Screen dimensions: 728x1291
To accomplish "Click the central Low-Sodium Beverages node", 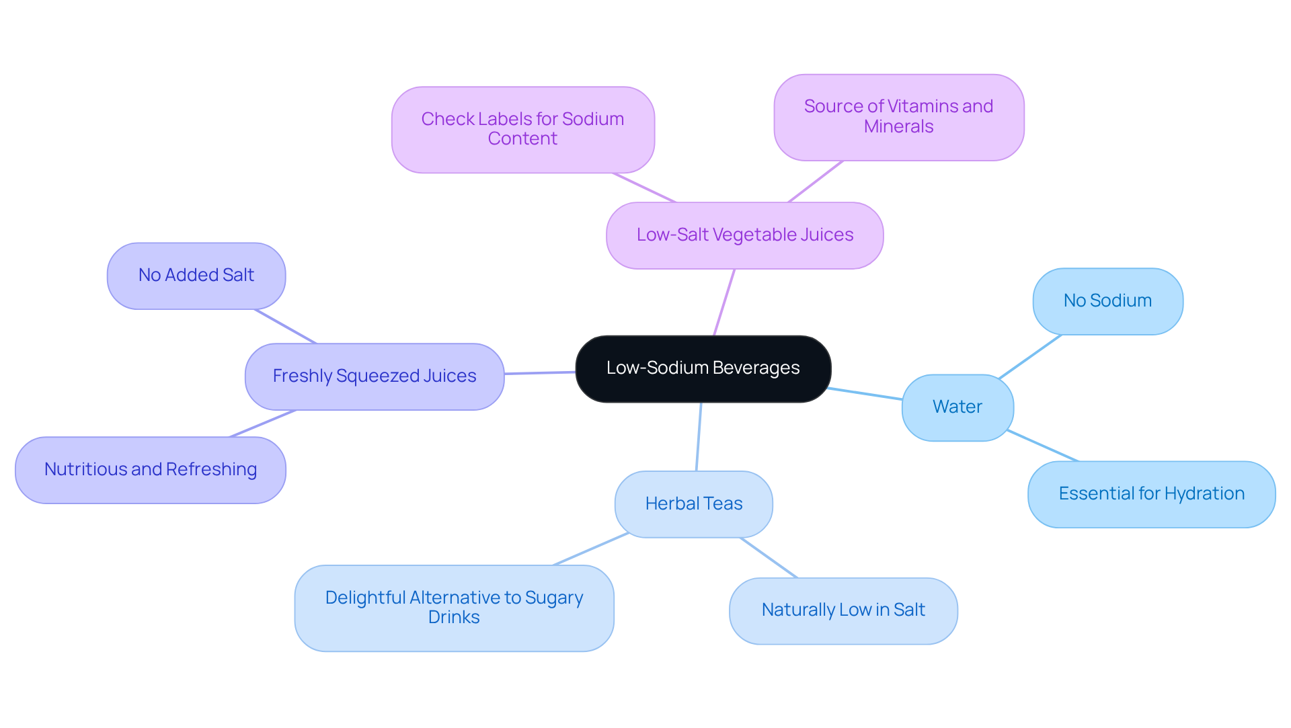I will point(703,368).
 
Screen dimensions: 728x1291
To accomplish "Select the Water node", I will point(957,407).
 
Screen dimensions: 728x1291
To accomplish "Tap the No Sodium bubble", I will point(1107,301).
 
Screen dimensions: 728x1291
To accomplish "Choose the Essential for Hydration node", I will point(1150,494).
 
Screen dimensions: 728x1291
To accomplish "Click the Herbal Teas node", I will point(693,504).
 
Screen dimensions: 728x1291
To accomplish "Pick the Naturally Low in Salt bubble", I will point(843,610).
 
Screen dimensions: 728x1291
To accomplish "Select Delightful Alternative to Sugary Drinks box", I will point(454,608).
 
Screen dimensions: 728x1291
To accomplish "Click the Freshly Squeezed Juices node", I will point(374,376).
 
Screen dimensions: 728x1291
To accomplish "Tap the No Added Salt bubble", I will point(196,276).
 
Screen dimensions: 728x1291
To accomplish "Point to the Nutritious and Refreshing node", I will point(150,470).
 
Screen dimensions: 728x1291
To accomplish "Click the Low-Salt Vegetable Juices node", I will point(744,235).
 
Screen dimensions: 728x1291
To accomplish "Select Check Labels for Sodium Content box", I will point(522,129).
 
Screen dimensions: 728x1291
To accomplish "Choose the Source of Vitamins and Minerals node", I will point(898,117).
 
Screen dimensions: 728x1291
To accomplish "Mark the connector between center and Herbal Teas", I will point(699,437).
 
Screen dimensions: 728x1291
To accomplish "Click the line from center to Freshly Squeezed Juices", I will point(540,372).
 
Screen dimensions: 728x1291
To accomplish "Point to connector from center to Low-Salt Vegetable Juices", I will point(724,302).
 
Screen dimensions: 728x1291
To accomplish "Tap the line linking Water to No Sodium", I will point(1030,356).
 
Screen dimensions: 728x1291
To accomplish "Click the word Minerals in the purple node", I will point(898,127).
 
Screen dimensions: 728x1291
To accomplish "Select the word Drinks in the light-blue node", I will point(454,618).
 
